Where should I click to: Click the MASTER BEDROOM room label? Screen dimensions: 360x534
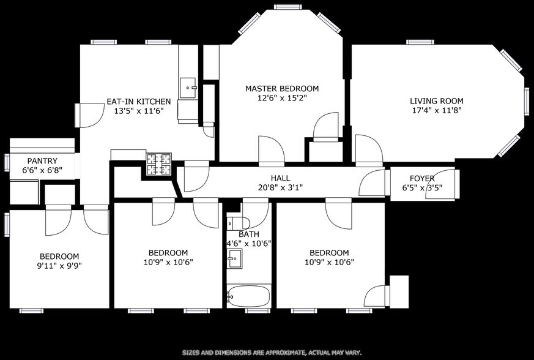(x=282, y=89)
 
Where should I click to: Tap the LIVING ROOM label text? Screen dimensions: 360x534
(x=436, y=101)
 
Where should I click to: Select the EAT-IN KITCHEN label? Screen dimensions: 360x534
(x=138, y=101)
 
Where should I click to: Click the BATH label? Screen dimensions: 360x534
(x=248, y=234)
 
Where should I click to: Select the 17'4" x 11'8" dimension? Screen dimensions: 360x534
(x=436, y=111)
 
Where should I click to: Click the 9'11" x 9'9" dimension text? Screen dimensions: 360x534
(x=59, y=266)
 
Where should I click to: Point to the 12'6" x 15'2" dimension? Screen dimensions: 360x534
(x=282, y=98)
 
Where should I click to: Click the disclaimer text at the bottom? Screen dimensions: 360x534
(x=272, y=353)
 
